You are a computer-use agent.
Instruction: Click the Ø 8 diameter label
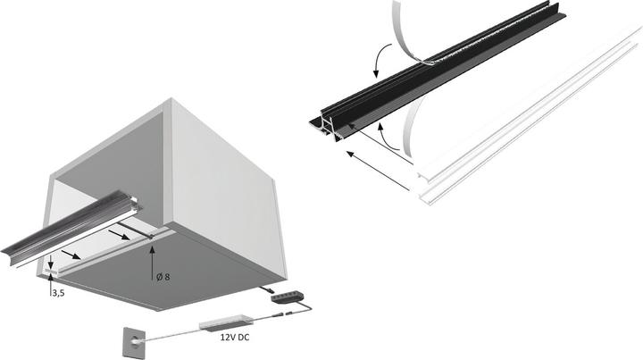pyautogui.click(x=162, y=277)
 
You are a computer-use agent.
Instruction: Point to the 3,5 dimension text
pyautogui.click(x=55, y=291)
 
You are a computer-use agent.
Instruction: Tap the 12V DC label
pyautogui.click(x=228, y=339)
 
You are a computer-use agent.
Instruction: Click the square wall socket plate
pyautogui.click(x=128, y=340)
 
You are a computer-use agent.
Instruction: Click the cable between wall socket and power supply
pyautogui.click(x=170, y=332)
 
